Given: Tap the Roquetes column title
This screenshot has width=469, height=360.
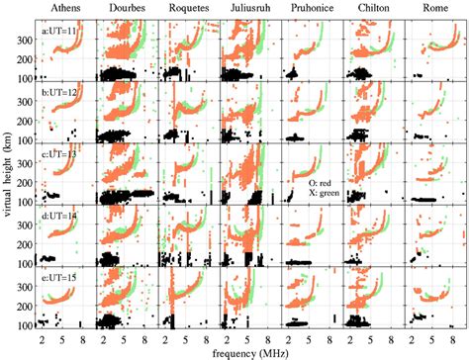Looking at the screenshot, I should tap(187, 10).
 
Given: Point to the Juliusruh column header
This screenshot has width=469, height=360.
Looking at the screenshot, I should tap(247, 10).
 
